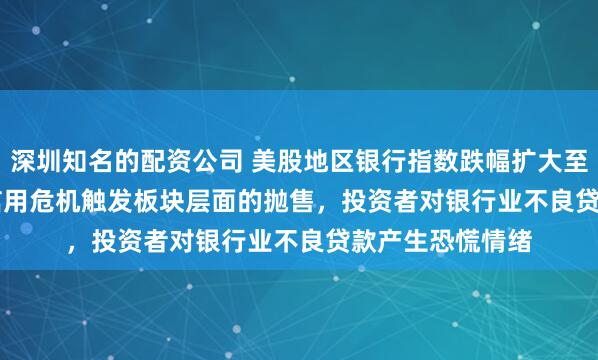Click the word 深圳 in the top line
pyautogui.click(x=36, y=158)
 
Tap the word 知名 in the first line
pyautogui.click(x=87, y=158)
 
